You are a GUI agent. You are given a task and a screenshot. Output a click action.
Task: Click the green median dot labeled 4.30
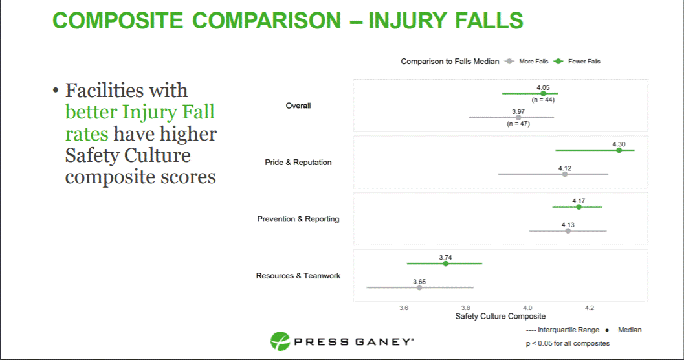coord(619,150)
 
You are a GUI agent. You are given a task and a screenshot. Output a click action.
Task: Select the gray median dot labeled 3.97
coord(518,117)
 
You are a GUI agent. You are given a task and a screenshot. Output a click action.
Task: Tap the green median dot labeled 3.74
coord(445,264)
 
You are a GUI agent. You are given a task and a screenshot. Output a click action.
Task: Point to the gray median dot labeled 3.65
coord(419,287)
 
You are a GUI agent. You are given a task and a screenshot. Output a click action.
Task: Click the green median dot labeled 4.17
coord(579,207)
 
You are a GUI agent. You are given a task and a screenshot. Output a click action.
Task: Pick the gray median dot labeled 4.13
coord(568,231)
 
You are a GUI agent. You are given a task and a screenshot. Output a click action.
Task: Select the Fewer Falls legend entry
coord(584,62)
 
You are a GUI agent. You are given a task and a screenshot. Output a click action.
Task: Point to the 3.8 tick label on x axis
coord(465,307)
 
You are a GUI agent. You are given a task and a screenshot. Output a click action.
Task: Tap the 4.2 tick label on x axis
coord(589,307)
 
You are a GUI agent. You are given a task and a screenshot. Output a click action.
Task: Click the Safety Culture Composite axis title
coord(500,317)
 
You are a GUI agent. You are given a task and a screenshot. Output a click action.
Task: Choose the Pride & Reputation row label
coord(298,163)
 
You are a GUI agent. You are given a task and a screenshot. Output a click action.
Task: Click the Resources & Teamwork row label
coord(298,276)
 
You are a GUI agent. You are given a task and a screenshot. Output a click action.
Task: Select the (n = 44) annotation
coord(543,100)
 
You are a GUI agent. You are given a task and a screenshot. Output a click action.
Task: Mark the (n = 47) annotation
coord(518,124)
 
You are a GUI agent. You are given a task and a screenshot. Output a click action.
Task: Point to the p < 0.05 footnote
coord(568,343)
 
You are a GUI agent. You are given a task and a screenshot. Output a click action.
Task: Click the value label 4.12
coord(565,168)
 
